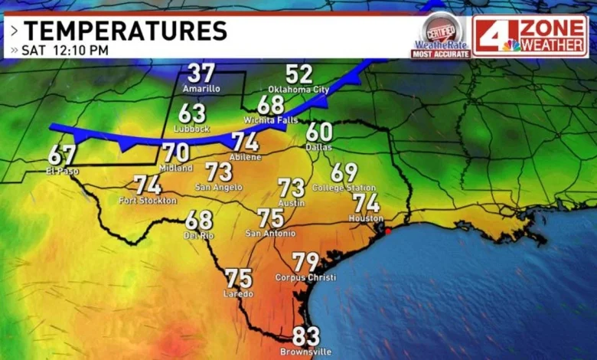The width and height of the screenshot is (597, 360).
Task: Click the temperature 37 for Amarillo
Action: point(201,74)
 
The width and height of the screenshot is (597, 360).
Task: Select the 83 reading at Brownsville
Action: point(306,336)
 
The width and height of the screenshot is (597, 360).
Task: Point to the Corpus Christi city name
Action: point(305,277)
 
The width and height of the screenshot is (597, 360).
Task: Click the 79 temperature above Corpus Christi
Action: point(305,263)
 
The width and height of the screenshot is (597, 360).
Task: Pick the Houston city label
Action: point(366,218)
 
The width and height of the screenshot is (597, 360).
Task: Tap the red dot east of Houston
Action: point(387,231)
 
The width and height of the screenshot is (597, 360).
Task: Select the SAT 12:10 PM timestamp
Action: point(65,51)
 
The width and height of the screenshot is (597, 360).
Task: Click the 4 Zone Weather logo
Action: point(530,36)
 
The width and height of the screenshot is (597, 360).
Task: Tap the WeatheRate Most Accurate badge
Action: point(440,36)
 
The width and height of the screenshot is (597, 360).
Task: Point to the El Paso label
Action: point(62,170)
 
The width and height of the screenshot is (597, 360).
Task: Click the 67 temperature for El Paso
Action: point(62,155)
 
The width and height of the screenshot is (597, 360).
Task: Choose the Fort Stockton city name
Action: point(148,201)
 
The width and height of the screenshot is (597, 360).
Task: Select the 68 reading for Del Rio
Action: point(199,221)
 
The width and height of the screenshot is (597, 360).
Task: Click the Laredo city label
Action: point(239,293)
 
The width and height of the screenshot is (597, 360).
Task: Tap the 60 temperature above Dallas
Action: point(319,132)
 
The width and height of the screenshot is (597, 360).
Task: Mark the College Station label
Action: point(344,188)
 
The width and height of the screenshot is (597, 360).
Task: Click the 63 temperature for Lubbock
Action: point(192,113)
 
